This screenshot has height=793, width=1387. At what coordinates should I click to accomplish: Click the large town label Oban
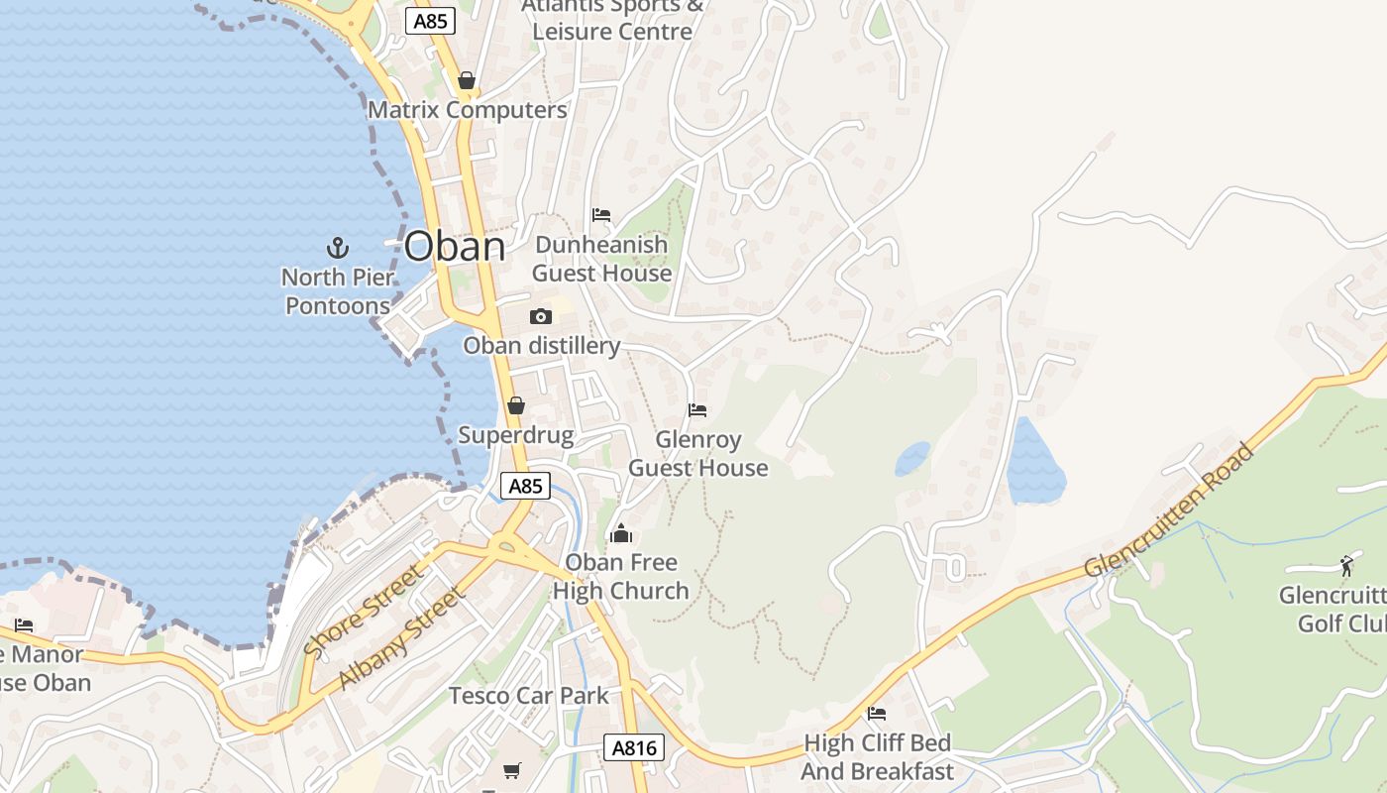pyautogui.click(x=455, y=246)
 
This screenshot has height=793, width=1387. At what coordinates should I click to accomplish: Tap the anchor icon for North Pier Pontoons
pyautogui.click(x=338, y=247)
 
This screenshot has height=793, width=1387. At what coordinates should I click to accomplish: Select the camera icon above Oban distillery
pyautogui.click(x=541, y=316)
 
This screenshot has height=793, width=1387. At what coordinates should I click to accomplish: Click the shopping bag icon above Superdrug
pyautogui.click(x=515, y=405)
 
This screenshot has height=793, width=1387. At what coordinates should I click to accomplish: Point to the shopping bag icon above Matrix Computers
pyautogui.click(x=467, y=80)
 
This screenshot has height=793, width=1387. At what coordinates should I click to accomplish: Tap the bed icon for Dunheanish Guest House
pyautogui.click(x=601, y=215)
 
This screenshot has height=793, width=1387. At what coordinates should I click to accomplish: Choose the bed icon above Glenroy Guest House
pyautogui.click(x=697, y=409)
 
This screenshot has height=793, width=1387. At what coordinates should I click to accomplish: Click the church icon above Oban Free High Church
pyautogui.click(x=621, y=534)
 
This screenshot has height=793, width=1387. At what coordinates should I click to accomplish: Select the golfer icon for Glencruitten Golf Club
pyautogui.click(x=1346, y=566)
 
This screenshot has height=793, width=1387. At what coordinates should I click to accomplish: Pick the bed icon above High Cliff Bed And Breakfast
pyautogui.click(x=877, y=713)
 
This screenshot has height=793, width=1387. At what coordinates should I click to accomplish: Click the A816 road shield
pyautogui.click(x=634, y=747)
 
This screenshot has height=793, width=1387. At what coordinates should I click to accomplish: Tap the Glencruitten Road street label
pyautogui.click(x=1170, y=510)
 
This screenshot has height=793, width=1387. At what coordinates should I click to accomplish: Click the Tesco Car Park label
pyautogui.click(x=529, y=695)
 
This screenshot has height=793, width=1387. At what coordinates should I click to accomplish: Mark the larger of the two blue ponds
pyautogui.click(x=1035, y=463)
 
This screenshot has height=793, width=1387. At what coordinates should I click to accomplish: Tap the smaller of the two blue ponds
pyautogui.click(x=912, y=459)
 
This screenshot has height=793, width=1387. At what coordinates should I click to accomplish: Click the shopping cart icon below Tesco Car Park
pyautogui.click(x=512, y=770)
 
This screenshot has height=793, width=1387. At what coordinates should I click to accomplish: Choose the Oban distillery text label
pyautogui.click(x=542, y=345)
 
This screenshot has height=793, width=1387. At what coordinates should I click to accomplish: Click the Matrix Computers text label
pyautogui.click(x=468, y=109)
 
